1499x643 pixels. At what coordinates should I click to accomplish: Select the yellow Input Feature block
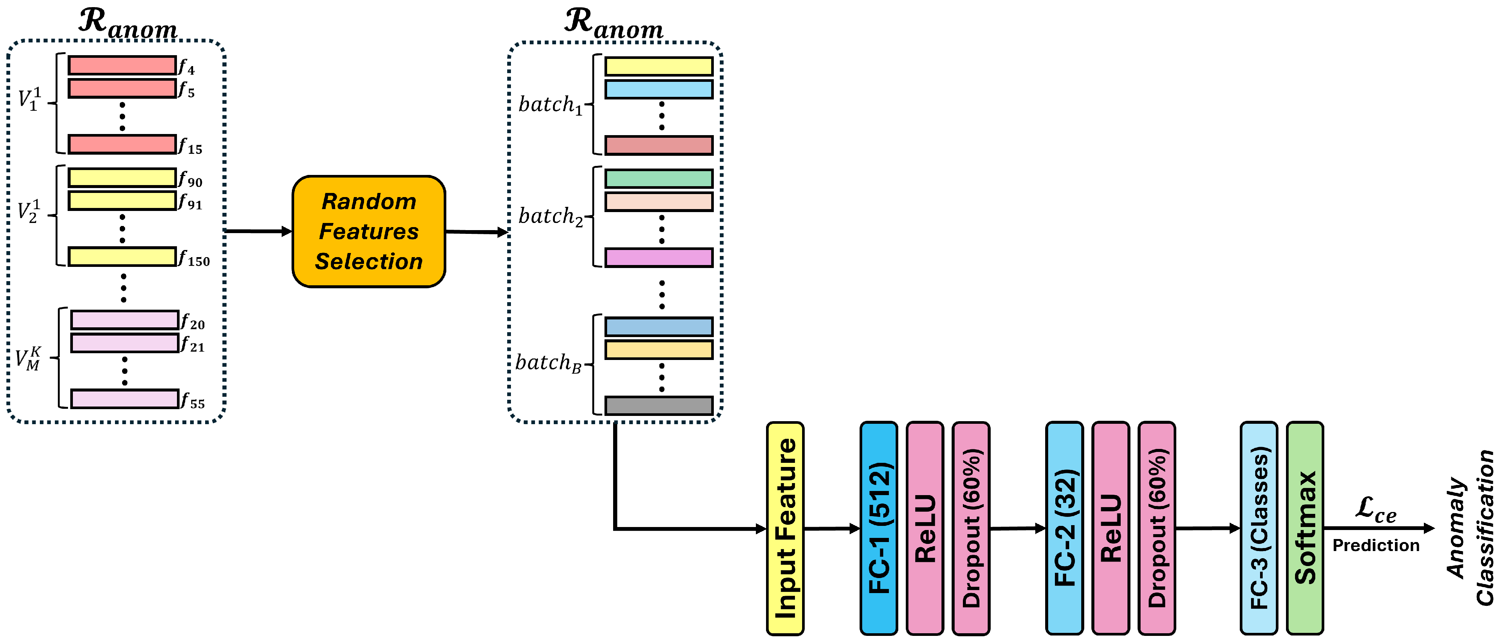tap(784, 528)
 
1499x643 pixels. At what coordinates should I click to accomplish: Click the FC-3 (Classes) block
tap(1258, 528)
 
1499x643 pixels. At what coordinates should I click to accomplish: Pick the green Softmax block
tap(1305, 528)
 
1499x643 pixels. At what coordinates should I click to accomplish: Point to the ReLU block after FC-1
tap(925, 528)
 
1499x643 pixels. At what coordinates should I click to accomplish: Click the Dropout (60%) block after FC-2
tap(1156, 528)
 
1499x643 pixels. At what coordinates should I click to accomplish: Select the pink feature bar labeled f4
tap(122, 65)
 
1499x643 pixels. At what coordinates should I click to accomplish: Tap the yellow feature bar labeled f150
tap(122, 256)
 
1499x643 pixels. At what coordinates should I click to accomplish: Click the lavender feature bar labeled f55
tap(124, 399)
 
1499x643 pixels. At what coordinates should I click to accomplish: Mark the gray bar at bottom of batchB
tap(659, 405)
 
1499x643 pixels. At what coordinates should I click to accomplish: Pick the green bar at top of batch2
tap(659, 178)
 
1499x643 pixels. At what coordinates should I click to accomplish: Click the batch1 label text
tap(550, 105)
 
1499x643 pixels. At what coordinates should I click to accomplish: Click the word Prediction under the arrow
tap(1376, 545)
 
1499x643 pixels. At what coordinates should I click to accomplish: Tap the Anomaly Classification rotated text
tap(1470, 528)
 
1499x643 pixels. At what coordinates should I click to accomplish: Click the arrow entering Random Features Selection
tap(258, 231)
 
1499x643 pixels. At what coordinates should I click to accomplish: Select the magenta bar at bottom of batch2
tap(659, 257)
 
